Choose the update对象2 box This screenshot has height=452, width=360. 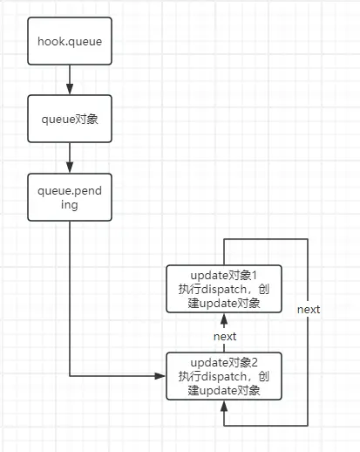pyautogui.click(x=224, y=375)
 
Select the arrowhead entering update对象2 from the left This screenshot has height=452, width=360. pyautogui.click(x=160, y=376)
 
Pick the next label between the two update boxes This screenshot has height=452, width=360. pyautogui.click(x=225, y=336)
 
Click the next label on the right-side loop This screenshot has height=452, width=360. pyautogui.click(x=308, y=310)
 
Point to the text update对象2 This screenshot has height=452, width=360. pyautogui.click(x=224, y=362)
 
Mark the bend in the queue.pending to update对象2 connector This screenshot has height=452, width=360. pyautogui.click(x=69, y=376)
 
